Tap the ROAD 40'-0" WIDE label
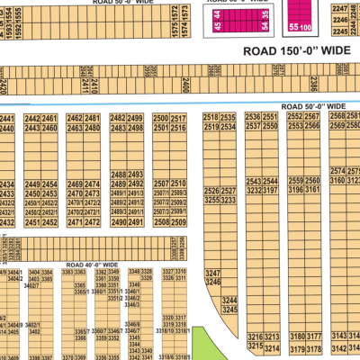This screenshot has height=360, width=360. [x=93, y=265]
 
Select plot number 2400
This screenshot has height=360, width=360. [x=184, y=85]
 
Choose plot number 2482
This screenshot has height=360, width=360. [x=118, y=118]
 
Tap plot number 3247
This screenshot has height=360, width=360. [x=212, y=272]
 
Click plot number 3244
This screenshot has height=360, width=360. [x=229, y=300]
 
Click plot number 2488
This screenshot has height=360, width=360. [x=118, y=174]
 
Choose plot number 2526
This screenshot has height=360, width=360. [x=211, y=191]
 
